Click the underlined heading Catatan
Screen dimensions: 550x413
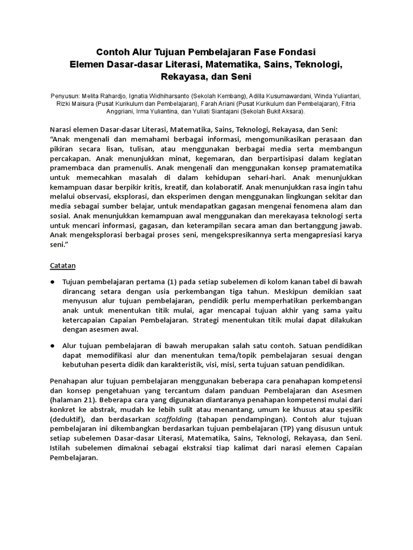click(x=63, y=265)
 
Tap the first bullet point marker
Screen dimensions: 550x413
click(x=53, y=281)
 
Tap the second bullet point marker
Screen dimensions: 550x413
click(x=53, y=346)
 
